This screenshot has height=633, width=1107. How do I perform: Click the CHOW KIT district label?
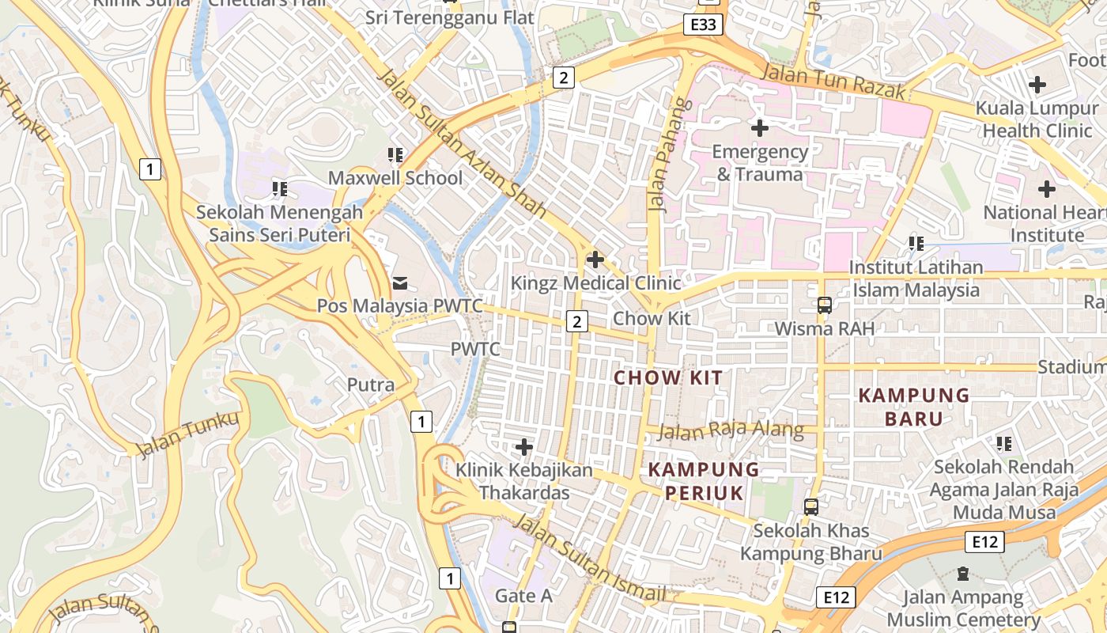[x=668, y=377]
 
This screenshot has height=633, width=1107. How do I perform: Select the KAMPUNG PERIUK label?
[x=704, y=481]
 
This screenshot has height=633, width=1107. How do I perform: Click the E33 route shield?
[x=703, y=25]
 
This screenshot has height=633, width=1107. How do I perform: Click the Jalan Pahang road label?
[x=658, y=156]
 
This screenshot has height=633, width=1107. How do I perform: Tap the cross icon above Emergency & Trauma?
[x=760, y=127]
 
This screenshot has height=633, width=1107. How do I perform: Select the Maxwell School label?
[x=395, y=178]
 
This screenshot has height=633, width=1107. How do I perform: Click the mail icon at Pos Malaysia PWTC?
[x=399, y=282]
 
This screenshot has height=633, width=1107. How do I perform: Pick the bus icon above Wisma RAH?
[x=825, y=305]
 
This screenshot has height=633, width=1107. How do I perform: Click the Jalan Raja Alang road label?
[x=731, y=431]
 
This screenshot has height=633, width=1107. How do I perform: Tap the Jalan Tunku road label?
[x=187, y=434]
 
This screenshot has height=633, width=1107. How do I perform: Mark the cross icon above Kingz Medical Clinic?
[x=595, y=259]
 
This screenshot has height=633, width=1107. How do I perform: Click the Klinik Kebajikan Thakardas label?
[x=523, y=481]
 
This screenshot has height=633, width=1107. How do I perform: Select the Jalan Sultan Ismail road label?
[x=590, y=559]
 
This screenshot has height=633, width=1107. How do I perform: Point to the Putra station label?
[x=371, y=385]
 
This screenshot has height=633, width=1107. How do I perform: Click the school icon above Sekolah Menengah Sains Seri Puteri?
[x=279, y=188]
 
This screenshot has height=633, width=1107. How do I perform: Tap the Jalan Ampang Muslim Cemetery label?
[x=962, y=608]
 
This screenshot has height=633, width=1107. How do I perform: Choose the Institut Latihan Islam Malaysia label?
[x=916, y=279]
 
